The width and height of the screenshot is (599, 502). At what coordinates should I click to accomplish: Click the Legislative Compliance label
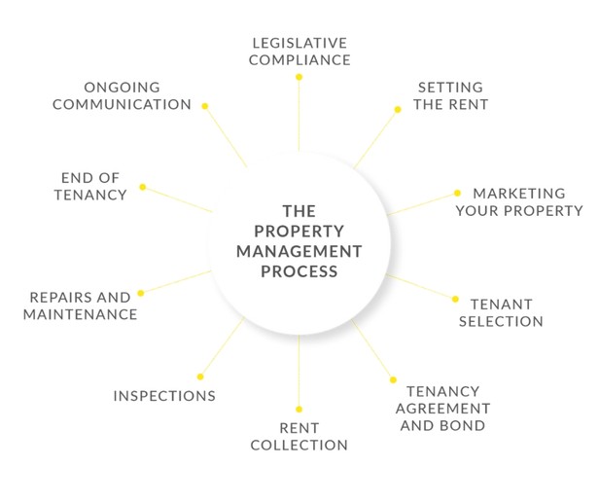pyautogui.click(x=299, y=52)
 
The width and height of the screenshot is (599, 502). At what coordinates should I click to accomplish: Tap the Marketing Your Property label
pyautogui.click(x=518, y=201)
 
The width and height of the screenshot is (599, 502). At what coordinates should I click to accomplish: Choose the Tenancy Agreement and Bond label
pyautogui.click(x=447, y=409)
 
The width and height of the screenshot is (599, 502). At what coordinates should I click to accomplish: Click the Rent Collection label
pyautogui.click(x=299, y=437)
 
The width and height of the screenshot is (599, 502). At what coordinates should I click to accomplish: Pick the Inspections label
pyautogui.click(x=164, y=396)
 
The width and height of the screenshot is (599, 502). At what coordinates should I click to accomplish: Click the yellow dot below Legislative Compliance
pyautogui.click(x=299, y=75)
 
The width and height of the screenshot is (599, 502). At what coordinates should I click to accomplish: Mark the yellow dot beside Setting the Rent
pyautogui.click(x=397, y=109)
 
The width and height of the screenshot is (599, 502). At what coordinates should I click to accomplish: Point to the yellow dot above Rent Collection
pyautogui.click(x=299, y=409)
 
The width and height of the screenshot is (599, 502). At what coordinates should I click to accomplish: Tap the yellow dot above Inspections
pyautogui.click(x=200, y=376)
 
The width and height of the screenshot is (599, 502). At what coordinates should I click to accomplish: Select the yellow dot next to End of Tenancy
pyautogui.click(x=142, y=187)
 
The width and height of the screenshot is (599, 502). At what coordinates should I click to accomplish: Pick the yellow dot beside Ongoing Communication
pyautogui.click(x=204, y=105)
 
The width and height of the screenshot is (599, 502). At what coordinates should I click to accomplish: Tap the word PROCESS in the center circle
pyautogui.click(x=299, y=271)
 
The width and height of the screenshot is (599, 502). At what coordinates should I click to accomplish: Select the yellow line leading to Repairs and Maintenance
pyautogui.click(x=176, y=282)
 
